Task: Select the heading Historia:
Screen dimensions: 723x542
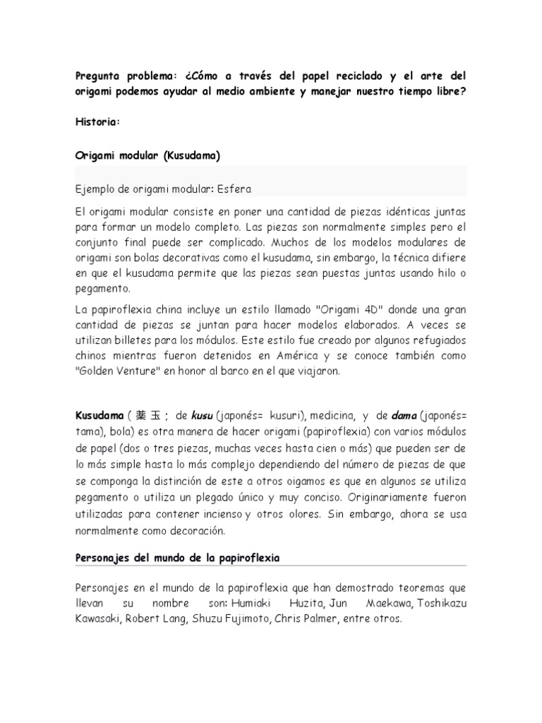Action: click(x=98, y=122)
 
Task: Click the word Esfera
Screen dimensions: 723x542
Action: click(x=234, y=189)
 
